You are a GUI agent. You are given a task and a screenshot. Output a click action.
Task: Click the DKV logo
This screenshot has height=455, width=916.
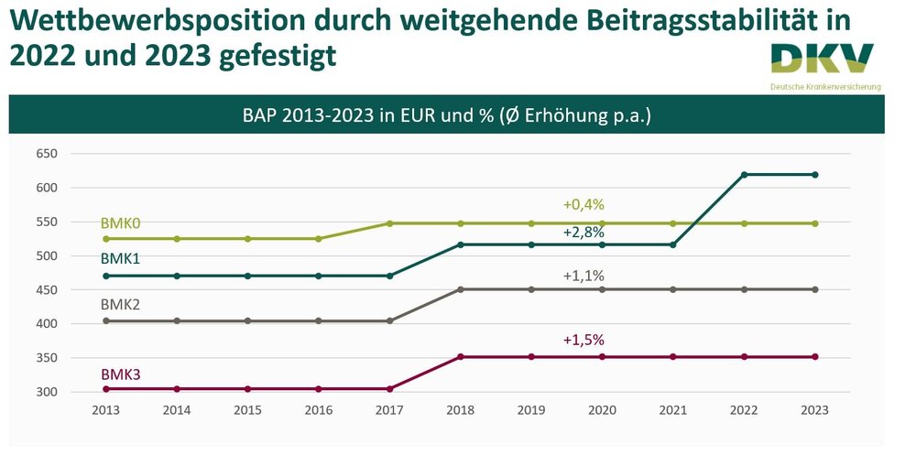[x=822, y=60]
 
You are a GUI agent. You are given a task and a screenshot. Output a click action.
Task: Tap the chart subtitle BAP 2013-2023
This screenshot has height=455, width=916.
[x=446, y=115]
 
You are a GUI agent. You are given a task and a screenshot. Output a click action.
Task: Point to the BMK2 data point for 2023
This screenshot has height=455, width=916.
[x=815, y=289]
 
